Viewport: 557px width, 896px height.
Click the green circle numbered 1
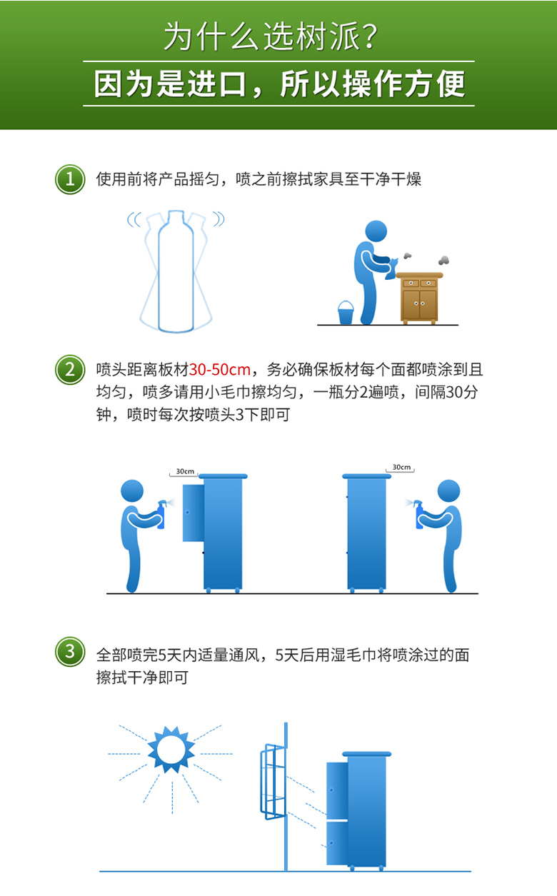pyautogui.click(x=70, y=178)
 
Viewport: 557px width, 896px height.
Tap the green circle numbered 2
pyautogui.click(x=70, y=369)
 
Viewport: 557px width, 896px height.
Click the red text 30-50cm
pyautogui.click(x=220, y=370)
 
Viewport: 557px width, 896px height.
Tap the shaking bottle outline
pyautogui.click(x=176, y=271)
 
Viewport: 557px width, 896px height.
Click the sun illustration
pyautogui.click(x=171, y=749)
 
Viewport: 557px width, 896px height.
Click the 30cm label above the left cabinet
pyautogui.click(x=185, y=471)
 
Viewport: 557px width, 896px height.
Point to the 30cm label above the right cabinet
pyautogui.click(x=401, y=468)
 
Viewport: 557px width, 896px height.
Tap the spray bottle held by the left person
pyautogui.click(x=161, y=514)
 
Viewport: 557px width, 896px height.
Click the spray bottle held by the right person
pyautogui.click(x=419, y=514)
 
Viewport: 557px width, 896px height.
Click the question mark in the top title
pyautogui.click(x=383, y=36)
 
